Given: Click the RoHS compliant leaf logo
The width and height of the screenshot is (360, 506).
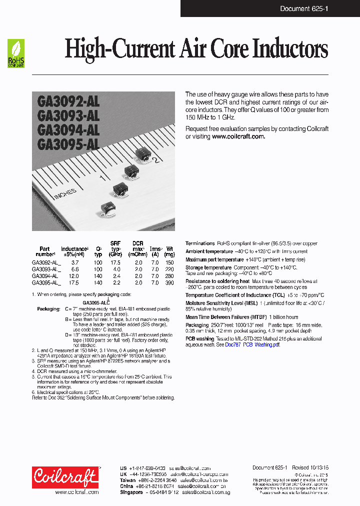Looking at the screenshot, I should (16, 53).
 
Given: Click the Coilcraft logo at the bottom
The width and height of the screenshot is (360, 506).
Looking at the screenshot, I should (65, 477).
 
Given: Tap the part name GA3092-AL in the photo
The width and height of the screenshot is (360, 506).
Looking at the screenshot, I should (68, 102).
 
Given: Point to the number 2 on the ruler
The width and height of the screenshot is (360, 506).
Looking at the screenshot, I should (155, 160).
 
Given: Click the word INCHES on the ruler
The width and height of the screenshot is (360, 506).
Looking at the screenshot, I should (65, 192).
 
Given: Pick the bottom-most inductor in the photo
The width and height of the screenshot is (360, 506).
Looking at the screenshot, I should (107, 208).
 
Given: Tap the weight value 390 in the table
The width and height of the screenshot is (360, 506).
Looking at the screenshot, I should (169, 282).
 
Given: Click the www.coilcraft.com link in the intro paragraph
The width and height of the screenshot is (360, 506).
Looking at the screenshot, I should (238, 136).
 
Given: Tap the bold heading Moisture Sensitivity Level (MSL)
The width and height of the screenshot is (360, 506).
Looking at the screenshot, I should (222, 303).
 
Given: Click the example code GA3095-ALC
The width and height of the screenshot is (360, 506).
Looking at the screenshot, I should (96, 302).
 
